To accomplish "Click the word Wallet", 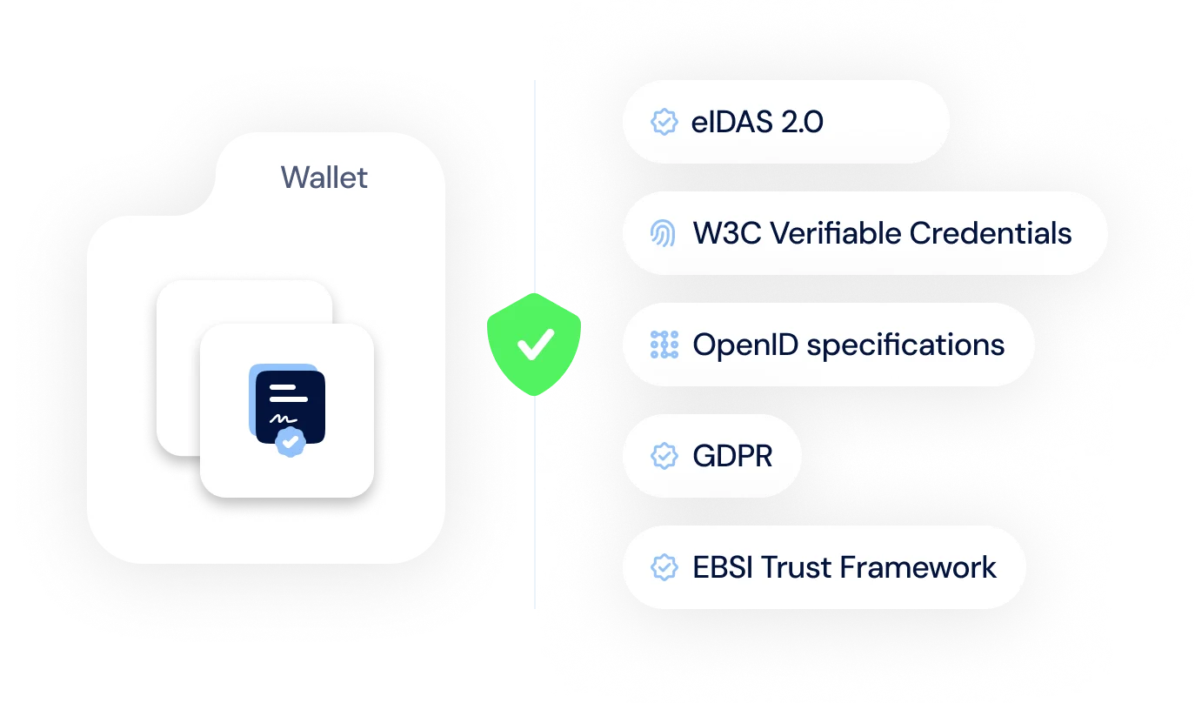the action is pyautogui.click(x=324, y=177).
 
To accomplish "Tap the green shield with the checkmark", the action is pyautogui.click(x=534, y=345).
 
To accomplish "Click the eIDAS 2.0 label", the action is pyautogui.click(x=757, y=122).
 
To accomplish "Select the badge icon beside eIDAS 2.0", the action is pyautogui.click(x=664, y=122).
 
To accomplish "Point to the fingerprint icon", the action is pyautogui.click(x=663, y=233).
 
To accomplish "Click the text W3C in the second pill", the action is pyautogui.click(x=727, y=233).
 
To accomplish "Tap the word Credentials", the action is pyautogui.click(x=990, y=233).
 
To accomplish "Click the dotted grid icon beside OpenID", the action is pyautogui.click(x=664, y=345).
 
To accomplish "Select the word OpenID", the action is pyautogui.click(x=745, y=345).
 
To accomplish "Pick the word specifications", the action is pyautogui.click(x=905, y=345).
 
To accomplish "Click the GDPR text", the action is pyautogui.click(x=732, y=456).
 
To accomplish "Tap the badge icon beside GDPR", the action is pyautogui.click(x=664, y=456).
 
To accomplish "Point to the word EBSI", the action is pyautogui.click(x=723, y=567).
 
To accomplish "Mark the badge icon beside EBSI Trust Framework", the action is pyautogui.click(x=664, y=567).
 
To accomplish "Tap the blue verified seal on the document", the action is pyautogui.click(x=290, y=441).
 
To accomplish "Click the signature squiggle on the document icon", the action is pyautogui.click(x=283, y=419).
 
